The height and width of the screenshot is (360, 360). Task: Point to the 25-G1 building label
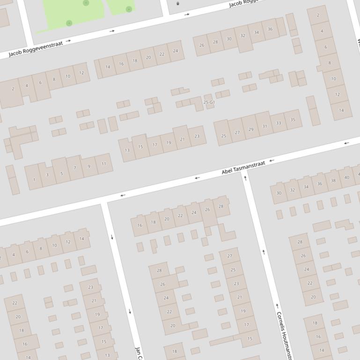pos(209,102)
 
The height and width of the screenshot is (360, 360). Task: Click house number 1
pos(34,180)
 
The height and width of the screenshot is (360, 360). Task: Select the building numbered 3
pos(47,175)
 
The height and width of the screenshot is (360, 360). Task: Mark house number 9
pos(89,166)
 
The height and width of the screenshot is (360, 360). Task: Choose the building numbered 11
pos(103,164)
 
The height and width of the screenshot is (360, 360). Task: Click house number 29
pos(251,130)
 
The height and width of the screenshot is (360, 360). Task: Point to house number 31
pos(264,126)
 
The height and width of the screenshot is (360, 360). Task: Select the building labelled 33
pos(279,123)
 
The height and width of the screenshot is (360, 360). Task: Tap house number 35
pos(293,120)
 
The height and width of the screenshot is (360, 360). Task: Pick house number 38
pos(333,180)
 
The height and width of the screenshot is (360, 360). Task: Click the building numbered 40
pos(346,177)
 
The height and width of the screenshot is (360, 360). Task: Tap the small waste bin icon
pos(177,4)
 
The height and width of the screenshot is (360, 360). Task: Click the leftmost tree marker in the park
pos(69,23)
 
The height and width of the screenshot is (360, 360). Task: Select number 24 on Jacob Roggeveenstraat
pos(176,51)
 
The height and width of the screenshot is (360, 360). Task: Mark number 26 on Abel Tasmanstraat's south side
pos(207,210)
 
